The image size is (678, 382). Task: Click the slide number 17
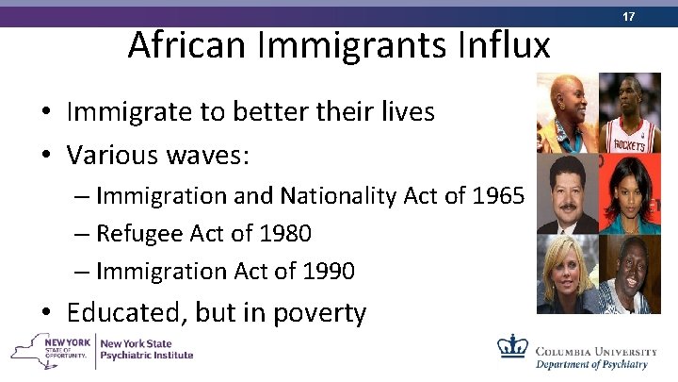(654, 15)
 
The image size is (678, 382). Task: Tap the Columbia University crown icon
(512, 347)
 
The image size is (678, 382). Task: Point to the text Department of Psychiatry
(592, 364)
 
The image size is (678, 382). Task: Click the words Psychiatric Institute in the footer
(146, 356)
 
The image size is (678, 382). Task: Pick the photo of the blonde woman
(565, 274)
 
